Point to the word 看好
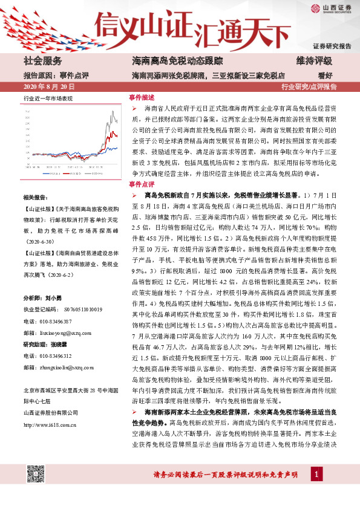point(324,75)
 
